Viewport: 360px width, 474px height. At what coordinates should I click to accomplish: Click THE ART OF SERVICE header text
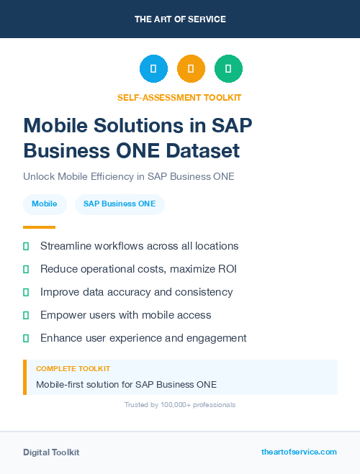coord(179,19)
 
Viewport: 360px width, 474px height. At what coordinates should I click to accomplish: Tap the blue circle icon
coord(153,69)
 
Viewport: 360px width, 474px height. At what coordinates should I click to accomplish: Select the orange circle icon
coord(191,69)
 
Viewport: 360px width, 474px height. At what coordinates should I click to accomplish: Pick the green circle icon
coord(228,69)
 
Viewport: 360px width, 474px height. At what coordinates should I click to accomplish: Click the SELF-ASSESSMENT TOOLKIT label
coord(179,97)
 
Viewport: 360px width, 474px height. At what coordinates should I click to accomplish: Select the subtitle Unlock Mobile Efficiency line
coord(129,176)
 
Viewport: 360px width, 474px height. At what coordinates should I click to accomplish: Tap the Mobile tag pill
coord(45,204)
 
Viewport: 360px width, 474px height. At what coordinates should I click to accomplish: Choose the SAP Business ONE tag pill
coord(120,204)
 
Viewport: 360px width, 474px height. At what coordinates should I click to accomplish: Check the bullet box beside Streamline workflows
coord(26,246)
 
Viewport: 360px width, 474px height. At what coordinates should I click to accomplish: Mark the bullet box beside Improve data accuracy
coord(26,292)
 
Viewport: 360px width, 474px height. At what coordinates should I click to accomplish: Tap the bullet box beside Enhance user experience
coord(26,338)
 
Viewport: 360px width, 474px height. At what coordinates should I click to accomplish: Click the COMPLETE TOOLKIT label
coord(73,368)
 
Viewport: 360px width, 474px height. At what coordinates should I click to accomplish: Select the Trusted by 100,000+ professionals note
coord(179,405)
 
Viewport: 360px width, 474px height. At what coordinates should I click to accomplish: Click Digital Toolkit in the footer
coord(51,452)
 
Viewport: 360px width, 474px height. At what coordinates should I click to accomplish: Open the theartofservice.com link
coord(299,452)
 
